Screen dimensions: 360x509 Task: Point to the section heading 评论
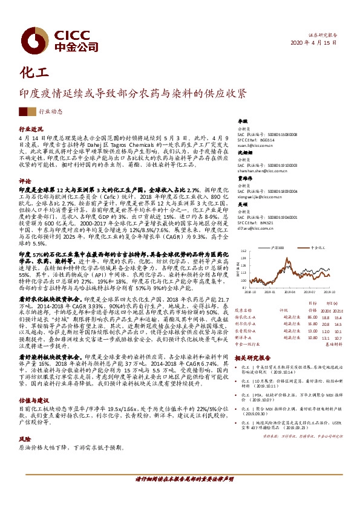click(24, 181)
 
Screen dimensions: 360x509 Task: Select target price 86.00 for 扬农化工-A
click(312, 317)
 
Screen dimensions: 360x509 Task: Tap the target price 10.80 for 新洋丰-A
click(312, 339)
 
